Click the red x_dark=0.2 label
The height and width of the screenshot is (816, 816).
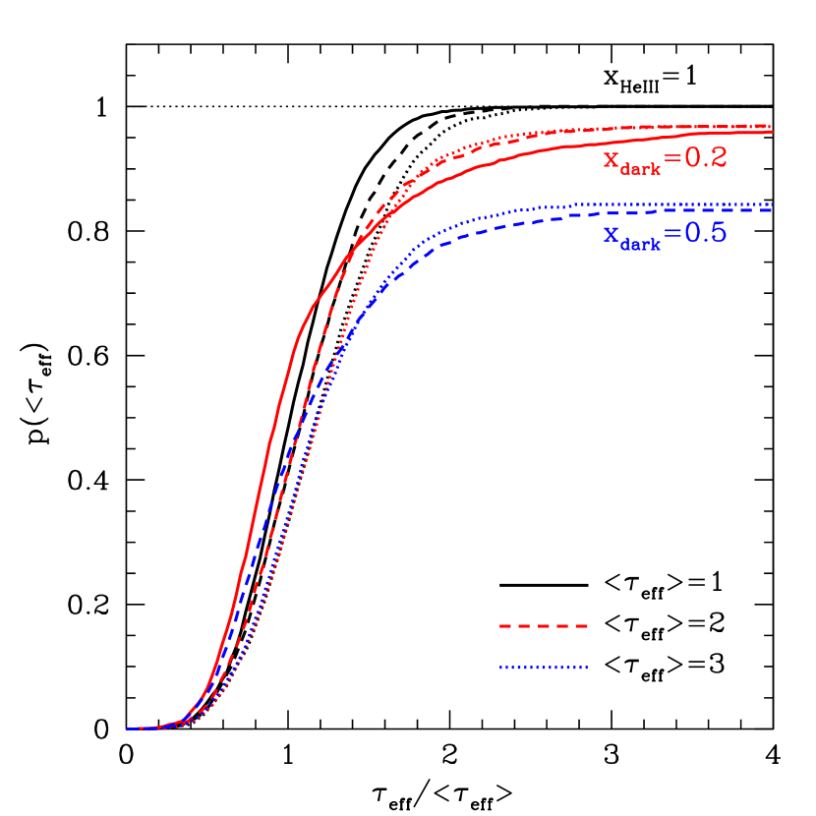click(665, 159)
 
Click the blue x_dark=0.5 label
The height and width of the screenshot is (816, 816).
click(665, 235)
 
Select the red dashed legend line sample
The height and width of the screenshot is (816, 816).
click(543, 626)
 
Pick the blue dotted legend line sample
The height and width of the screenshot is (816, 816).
click(543, 669)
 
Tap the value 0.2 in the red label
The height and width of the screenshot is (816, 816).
click(705, 157)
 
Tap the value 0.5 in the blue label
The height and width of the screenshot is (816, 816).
click(705, 233)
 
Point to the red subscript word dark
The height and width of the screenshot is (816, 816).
click(641, 167)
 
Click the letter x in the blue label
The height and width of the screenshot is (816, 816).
click(612, 235)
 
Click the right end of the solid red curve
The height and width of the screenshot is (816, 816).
click(772, 132)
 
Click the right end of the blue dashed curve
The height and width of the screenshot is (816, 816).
click(772, 209)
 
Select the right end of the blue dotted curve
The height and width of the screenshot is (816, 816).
click(772, 204)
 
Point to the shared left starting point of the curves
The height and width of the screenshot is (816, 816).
click(128, 729)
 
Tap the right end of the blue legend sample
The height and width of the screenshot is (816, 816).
click(586, 669)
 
